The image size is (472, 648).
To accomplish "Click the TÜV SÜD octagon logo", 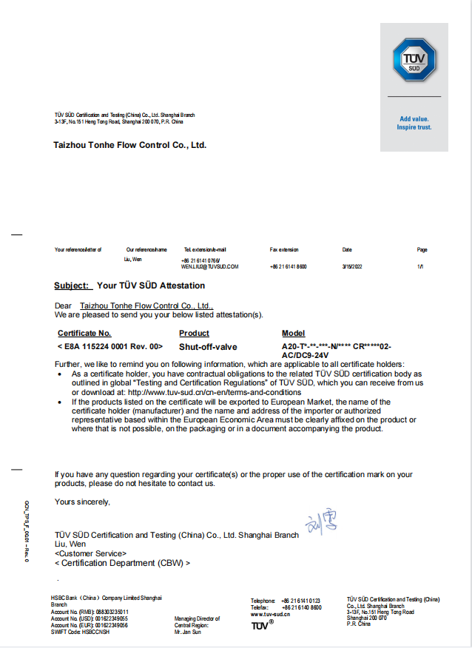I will (414, 60).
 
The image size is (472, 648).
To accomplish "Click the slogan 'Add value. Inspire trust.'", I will (414, 123).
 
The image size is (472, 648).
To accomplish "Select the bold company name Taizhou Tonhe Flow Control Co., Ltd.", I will (129, 145).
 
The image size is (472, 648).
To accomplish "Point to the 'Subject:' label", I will (73, 286).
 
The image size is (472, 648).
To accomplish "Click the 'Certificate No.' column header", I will (84, 334).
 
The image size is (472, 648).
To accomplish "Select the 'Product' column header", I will (194, 334).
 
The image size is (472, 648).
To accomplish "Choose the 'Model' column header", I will (293, 334).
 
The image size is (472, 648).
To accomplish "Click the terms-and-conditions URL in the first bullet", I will (215, 392).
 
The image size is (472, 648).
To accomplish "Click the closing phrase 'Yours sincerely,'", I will (82, 502).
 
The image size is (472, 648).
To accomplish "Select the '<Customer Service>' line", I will (90, 553).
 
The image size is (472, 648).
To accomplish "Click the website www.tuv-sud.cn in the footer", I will (270, 614).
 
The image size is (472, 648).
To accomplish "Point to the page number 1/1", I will (420, 266).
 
